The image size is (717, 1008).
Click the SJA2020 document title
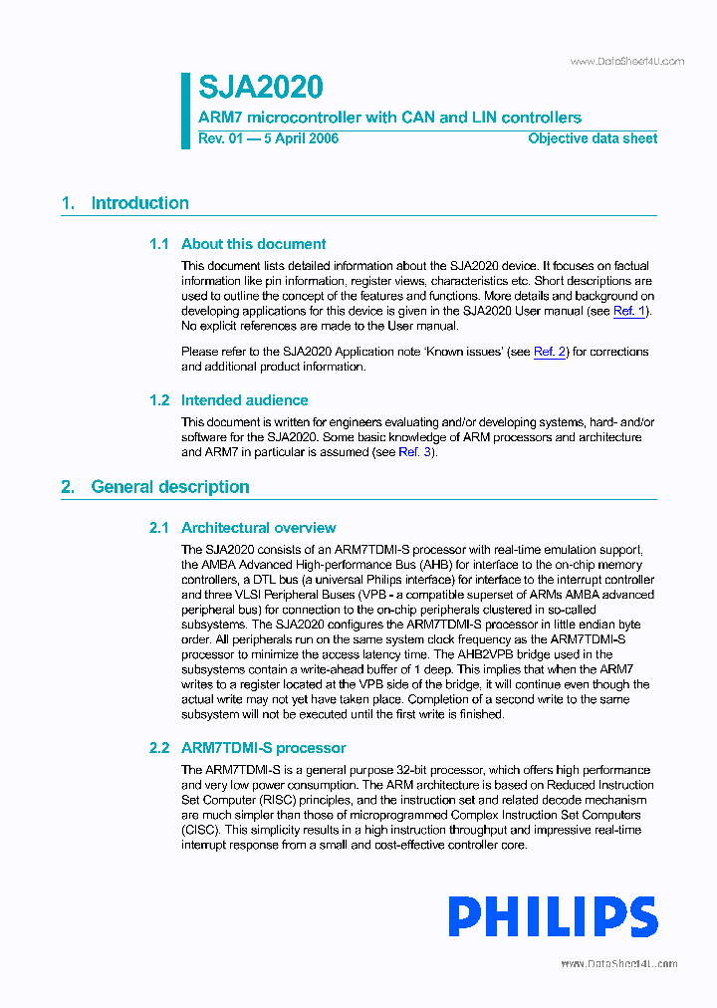[x=260, y=88]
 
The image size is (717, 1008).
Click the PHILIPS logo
[x=553, y=917]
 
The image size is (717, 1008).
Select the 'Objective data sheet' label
[x=592, y=138]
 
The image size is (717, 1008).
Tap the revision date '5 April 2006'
[x=300, y=138]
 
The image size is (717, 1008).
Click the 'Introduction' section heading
[x=139, y=203]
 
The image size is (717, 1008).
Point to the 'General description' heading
[x=169, y=487]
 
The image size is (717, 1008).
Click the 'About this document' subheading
[x=253, y=244]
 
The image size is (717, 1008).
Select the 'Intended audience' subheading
[x=244, y=400]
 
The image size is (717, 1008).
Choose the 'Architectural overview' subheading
[x=258, y=528]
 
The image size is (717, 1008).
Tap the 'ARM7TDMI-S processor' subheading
[x=263, y=748]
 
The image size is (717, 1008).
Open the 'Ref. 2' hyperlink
[x=550, y=352]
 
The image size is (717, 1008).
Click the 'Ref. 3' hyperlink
[x=415, y=452]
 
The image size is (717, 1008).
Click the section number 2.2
[x=159, y=748]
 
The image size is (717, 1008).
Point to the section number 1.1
[x=159, y=244]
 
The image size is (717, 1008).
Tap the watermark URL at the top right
[x=626, y=62]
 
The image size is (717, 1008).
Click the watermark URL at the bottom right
[x=618, y=964]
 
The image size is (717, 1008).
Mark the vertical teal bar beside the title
[x=185, y=111]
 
